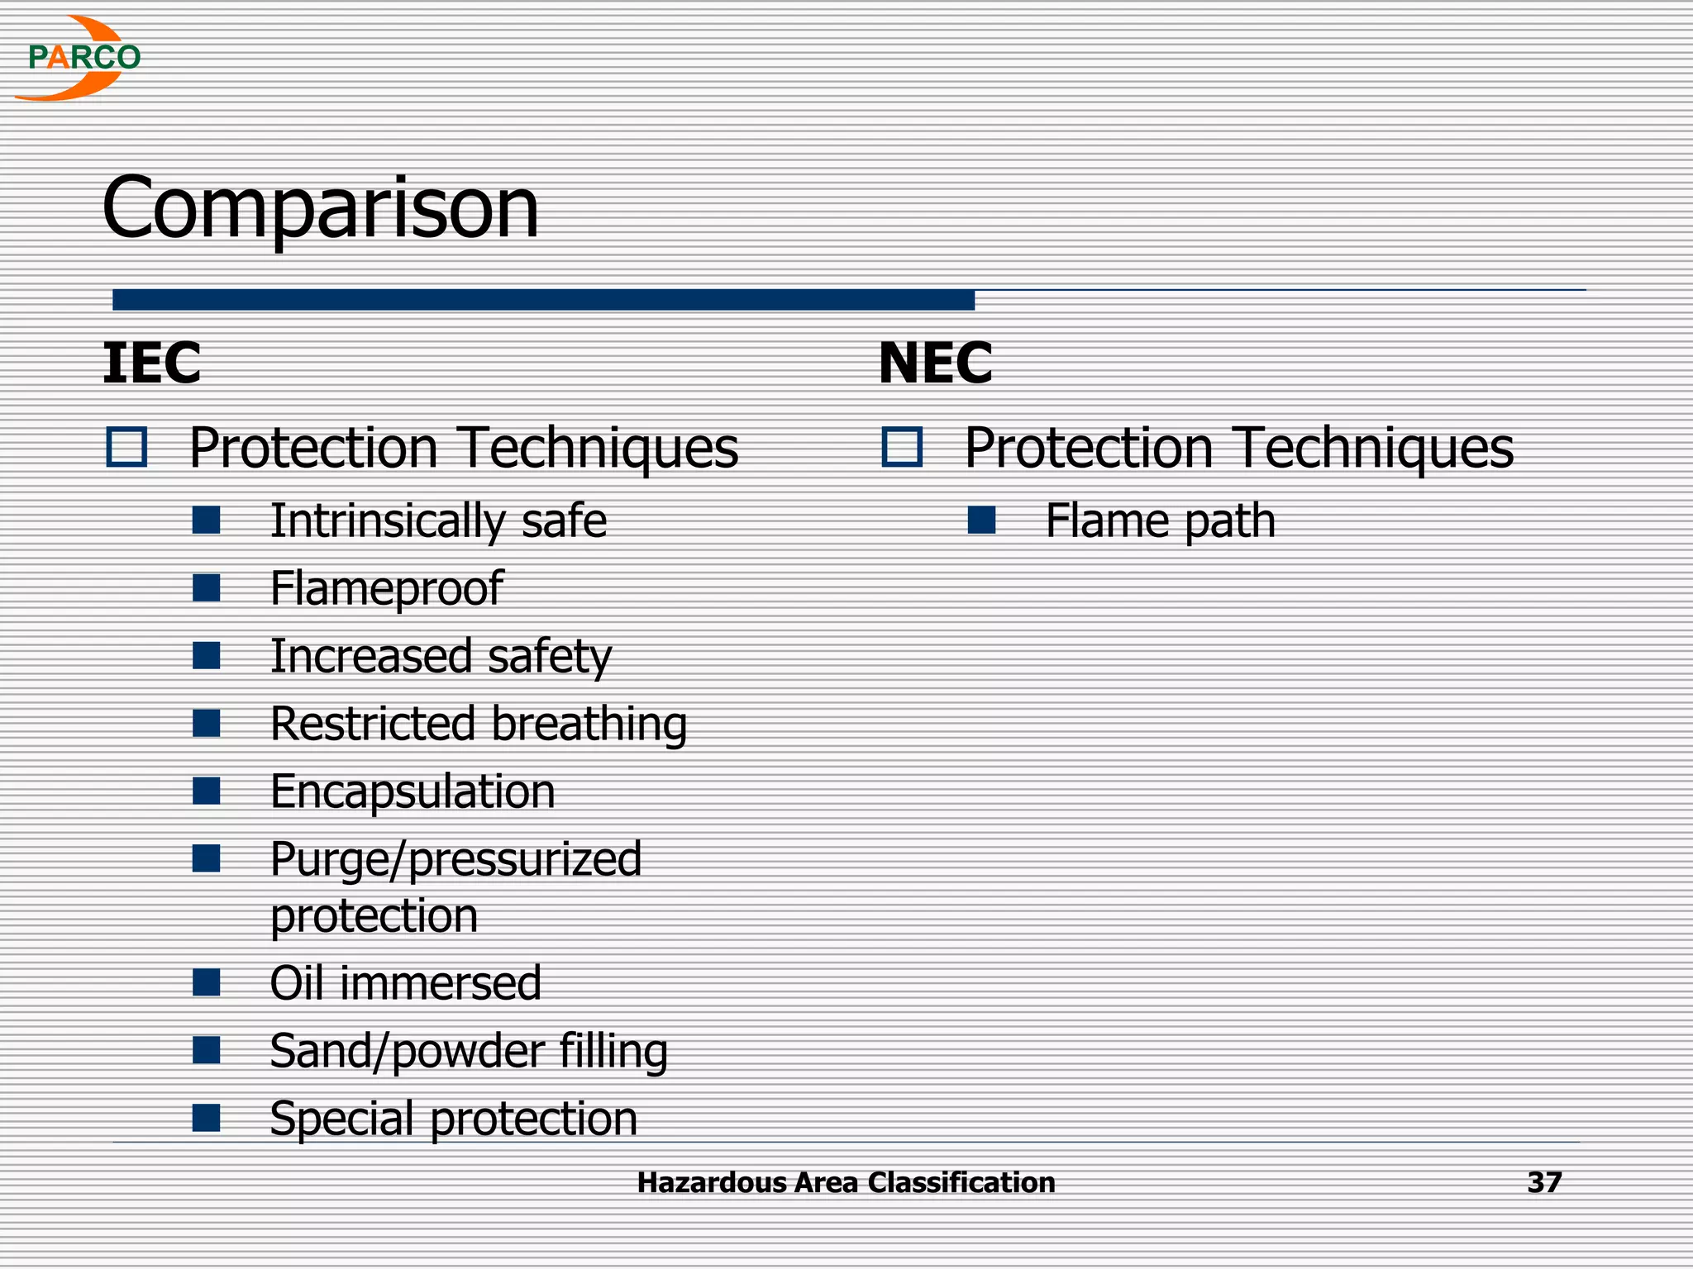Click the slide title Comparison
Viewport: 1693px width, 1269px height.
[x=320, y=207]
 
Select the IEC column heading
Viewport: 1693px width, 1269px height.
[x=151, y=364]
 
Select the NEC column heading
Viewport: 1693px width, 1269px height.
[x=935, y=364]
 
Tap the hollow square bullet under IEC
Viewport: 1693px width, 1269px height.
[x=127, y=448]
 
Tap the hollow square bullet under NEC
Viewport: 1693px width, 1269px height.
[x=902, y=448]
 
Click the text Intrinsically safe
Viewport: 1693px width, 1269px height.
[x=438, y=521]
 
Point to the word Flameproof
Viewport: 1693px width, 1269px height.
[x=386, y=589]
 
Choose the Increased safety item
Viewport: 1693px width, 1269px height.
[x=441, y=657]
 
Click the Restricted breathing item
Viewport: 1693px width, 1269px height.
[x=479, y=725]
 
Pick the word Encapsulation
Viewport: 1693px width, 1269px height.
[x=413, y=792]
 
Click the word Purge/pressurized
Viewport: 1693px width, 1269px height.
[x=455, y=860]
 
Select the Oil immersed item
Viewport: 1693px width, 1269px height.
[x=405, y=984]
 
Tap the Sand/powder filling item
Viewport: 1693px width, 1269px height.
[x=469, y=1052]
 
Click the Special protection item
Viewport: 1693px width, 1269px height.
[x=453, y=1119]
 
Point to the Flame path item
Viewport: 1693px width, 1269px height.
[x=1160, y=521]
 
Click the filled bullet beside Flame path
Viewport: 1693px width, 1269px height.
[x=981, y=520]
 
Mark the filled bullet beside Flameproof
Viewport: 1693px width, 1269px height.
[x=206, y=588]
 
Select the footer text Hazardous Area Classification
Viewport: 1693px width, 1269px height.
[x=846, y=1183]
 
